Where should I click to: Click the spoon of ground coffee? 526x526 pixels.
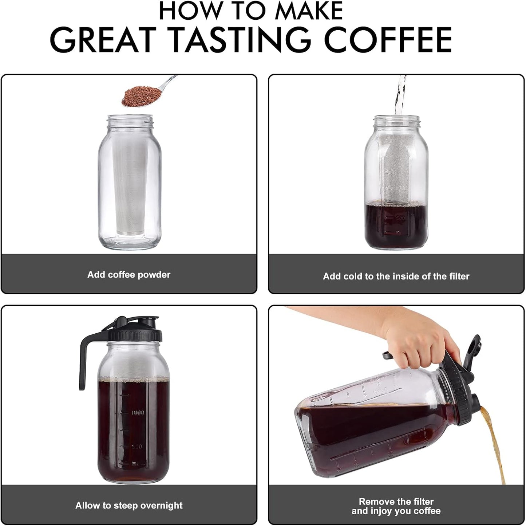point(140,96)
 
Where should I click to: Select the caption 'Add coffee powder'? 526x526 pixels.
point(129,275)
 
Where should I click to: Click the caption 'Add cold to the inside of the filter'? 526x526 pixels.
point(396,276)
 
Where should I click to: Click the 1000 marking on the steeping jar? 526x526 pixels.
point(138,412)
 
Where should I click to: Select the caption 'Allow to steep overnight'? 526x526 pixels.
point(129,506)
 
